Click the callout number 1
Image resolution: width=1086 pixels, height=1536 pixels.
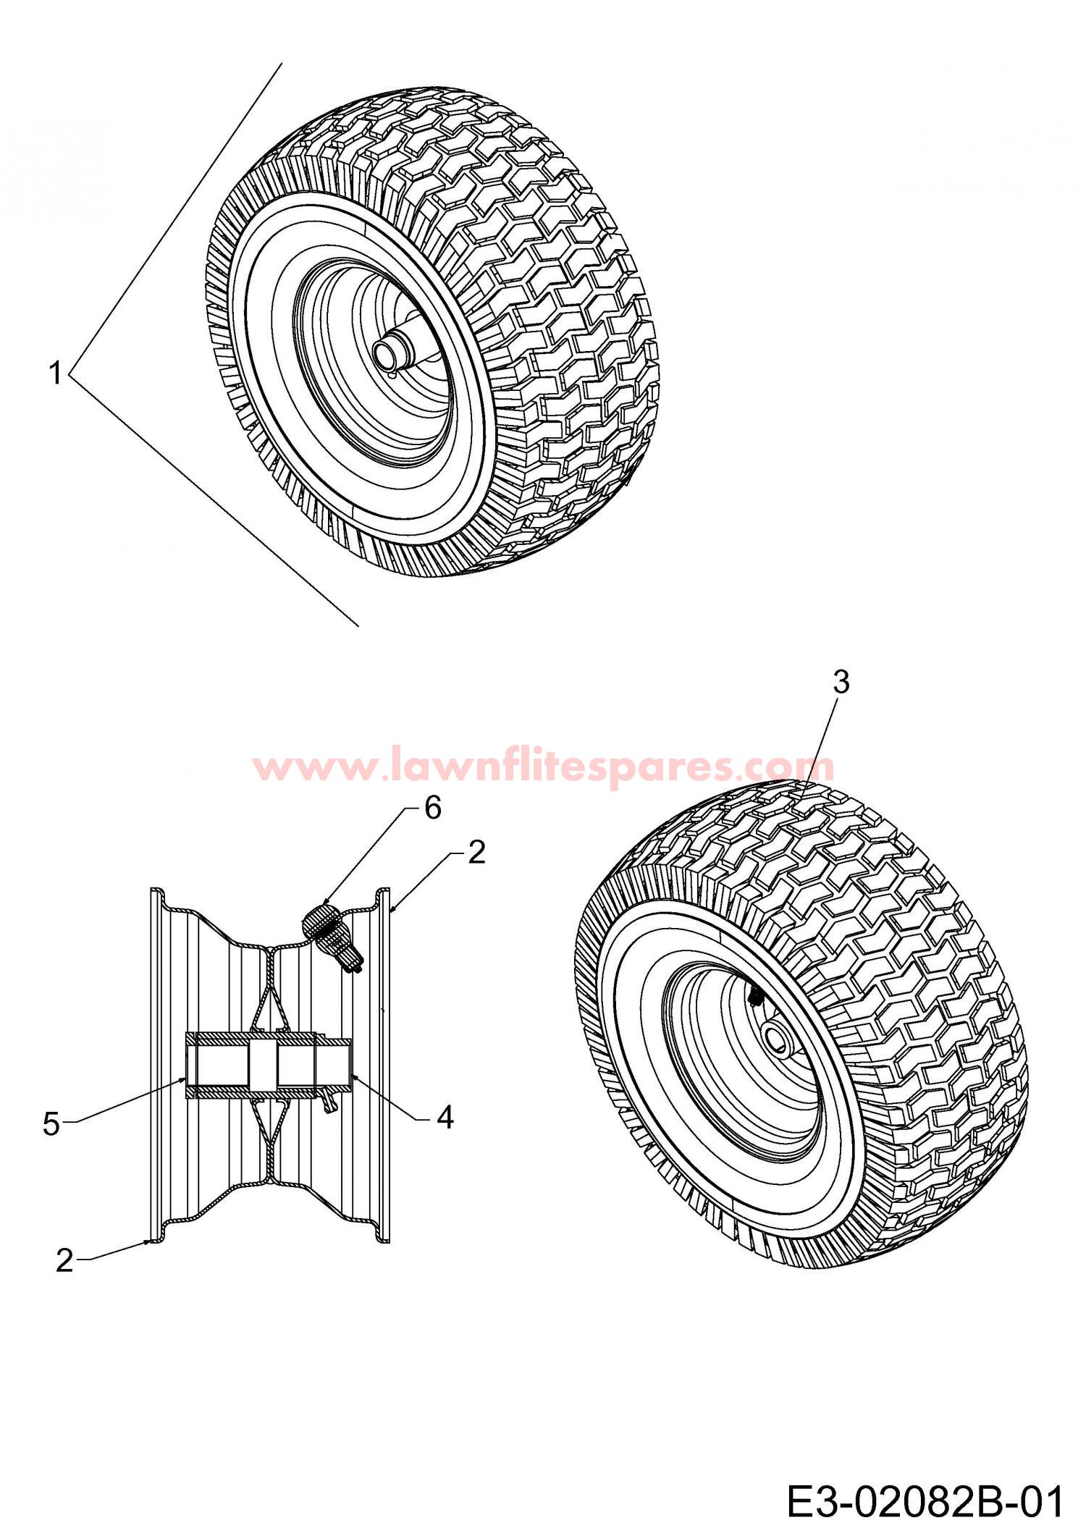pyautogui.click(x=54, y=374)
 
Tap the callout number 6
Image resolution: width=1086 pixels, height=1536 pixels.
pyautogui.click(x=432, y=809)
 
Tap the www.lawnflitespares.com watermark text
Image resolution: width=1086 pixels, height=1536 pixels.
pyautogui.click(x=544, y=766)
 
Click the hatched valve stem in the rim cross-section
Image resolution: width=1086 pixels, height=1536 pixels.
pyautogui.click(x=332, y=936)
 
